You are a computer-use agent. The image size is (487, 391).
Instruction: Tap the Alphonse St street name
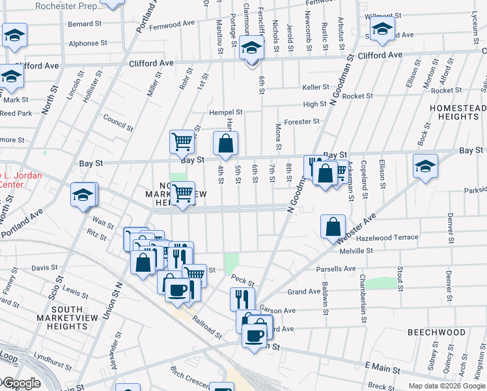[88, 44]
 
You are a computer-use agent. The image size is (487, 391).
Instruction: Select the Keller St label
[315, 87]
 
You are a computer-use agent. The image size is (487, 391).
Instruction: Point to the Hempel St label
[225, 112]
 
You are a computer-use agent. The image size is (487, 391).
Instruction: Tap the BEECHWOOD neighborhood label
[437, 332]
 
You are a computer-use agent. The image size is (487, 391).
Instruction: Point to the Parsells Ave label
[335, 269]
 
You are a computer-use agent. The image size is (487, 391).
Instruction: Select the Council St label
[118, 123]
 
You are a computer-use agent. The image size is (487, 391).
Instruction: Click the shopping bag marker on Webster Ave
[333, 227]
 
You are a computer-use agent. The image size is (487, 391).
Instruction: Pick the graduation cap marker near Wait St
[84, 195]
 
